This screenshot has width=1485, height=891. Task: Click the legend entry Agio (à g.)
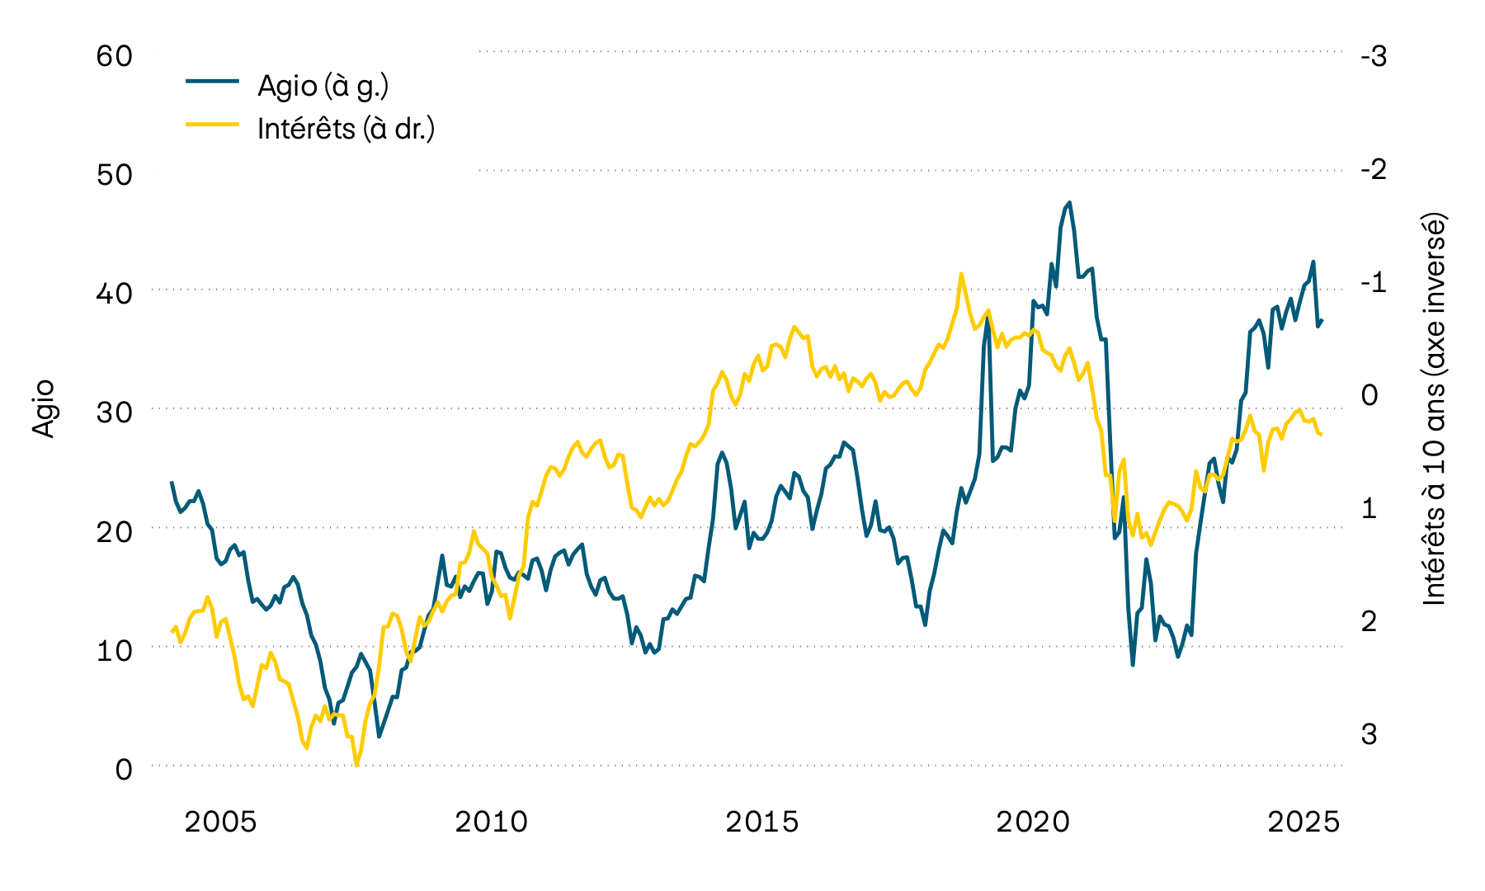[x=323, y=86]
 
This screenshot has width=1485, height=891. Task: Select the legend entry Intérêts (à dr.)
[x=346, y=129]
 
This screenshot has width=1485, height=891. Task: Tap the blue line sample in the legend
[x=212, y=81]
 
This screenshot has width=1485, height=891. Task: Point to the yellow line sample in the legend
[x=212, y=125]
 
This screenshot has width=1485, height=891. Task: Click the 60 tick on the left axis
[x=114, y=56]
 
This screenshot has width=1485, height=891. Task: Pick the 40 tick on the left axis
[x=114, y=294]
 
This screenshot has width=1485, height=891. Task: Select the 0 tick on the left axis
[x=124, y=769]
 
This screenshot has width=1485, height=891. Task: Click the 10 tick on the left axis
[x=114, y=650]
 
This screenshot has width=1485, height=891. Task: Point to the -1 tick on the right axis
[x=1373, y=282]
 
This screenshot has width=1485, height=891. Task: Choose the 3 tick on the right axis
[x=1369, y=733]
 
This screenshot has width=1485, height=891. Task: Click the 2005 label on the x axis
[x=220, y=822]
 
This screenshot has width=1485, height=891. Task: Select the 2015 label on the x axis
[x=762, y=822]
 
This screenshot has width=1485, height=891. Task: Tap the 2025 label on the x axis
[x=1303, y=822]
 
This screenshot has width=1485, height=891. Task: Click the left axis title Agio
[x=43, y=408]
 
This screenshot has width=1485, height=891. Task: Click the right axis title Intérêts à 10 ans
[x=1435, y=410]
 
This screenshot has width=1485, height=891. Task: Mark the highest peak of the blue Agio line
[x=1069, y=202]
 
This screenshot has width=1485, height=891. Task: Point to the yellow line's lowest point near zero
[x=356, y=765]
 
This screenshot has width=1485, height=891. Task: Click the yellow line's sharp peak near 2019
[x=961, y=274]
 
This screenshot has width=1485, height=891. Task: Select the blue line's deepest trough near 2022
[x=1133, y=665]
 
